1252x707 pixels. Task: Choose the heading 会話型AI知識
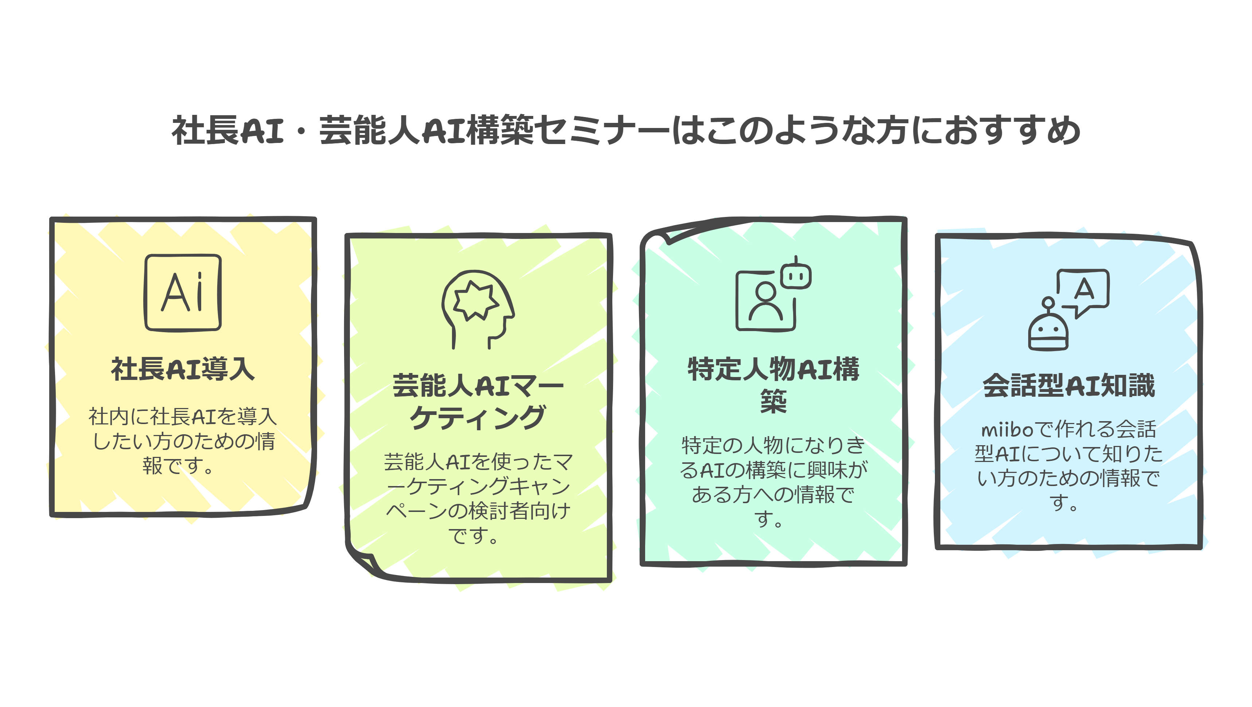tap(1069, 386)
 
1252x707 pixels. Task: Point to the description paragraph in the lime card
tap(478, 498)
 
